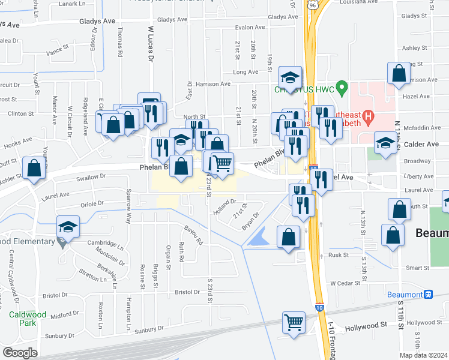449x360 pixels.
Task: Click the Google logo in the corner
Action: point(20,353)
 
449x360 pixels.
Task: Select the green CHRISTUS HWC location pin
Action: point(342,89)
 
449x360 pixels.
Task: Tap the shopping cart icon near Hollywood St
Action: point(294,322)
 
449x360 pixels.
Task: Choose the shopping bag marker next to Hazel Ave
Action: point(399,74)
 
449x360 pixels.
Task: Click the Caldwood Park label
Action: point(22,318)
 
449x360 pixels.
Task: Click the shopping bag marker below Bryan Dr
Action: point(289,236)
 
